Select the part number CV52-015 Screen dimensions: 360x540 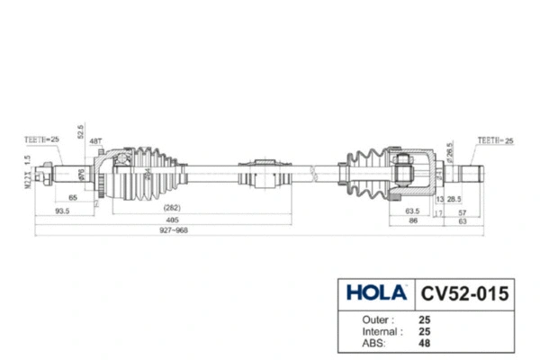tap(463, 293)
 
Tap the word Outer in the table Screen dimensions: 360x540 tap(359, 319)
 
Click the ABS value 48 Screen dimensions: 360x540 tap(425, 343)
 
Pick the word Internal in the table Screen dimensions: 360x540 tap(363, 331)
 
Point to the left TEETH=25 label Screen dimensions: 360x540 tap(41, 139)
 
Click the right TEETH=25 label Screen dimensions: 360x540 tap(495, 139)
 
